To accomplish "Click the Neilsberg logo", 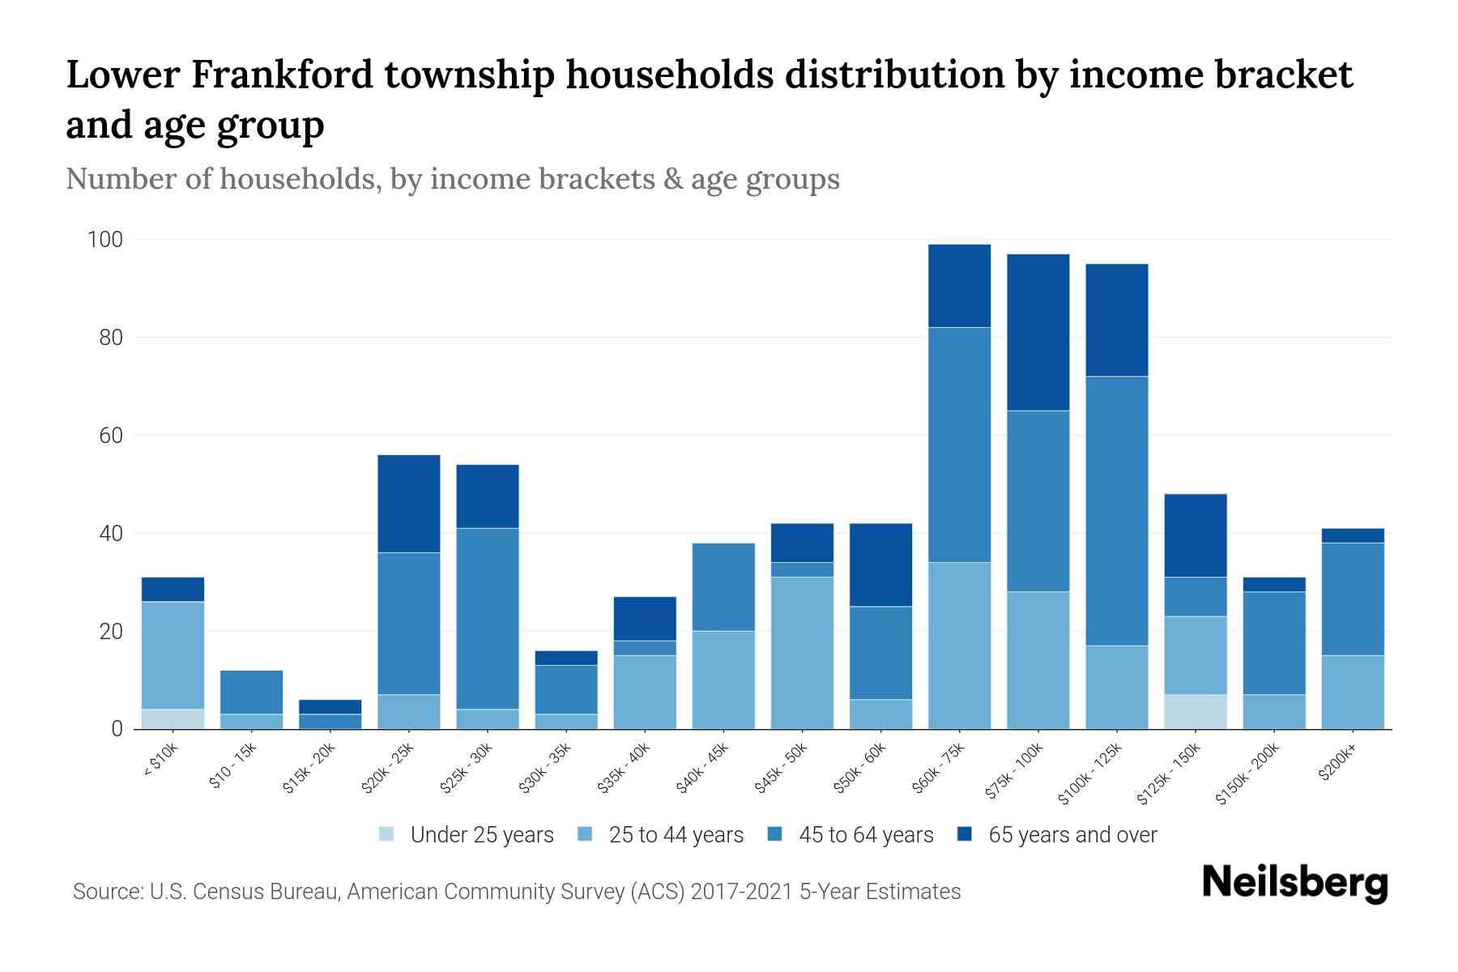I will [x=1294, y=883].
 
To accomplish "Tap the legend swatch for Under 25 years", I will [x=387, y=833].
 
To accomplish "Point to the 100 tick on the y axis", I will [x=105, y=240].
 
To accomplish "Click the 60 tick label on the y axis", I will [x=111, y=436].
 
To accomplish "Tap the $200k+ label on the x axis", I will [x=1337, y=761].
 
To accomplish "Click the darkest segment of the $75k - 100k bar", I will [x=1038, y=332].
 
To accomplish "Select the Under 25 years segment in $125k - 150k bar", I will [x=1196, y=711].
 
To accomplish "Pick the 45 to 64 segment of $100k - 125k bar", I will [x=1117, y=510].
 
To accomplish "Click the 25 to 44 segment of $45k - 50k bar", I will [x=802, y=652].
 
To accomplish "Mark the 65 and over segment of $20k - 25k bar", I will [x=409, y=503].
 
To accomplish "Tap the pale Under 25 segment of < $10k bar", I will [x=173, y=718].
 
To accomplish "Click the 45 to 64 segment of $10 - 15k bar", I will [x=251, y=692].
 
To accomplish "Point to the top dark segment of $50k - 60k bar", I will [x=880, y=565].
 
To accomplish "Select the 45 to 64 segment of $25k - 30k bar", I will [x=488, y=618].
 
